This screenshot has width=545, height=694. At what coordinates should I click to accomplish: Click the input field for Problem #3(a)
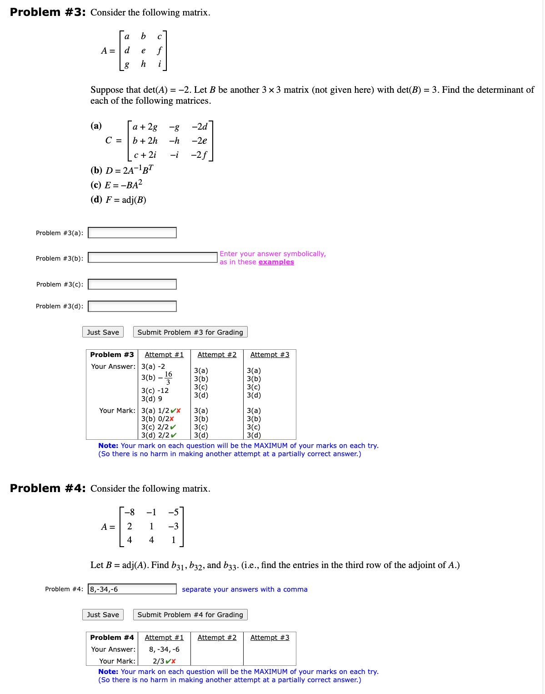132,233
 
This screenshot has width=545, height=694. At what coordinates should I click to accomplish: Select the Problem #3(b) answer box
152,258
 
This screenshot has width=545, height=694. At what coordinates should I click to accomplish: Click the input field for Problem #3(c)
132,284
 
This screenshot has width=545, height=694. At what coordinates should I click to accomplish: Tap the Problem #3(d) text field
132,306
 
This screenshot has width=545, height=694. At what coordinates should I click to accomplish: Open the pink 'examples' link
276,262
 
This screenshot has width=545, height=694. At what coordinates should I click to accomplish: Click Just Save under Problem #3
103,332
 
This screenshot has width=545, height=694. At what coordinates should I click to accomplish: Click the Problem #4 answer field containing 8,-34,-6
132,589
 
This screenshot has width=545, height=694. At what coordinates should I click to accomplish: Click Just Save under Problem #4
103,615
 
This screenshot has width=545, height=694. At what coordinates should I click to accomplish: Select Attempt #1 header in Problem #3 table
164,355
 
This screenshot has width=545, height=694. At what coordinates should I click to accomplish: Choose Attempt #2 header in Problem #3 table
217,355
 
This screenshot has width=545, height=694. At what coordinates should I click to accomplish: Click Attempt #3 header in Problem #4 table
270,638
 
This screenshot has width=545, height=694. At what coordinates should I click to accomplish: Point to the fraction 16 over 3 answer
168,378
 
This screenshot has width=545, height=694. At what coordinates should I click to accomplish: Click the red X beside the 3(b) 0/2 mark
172,419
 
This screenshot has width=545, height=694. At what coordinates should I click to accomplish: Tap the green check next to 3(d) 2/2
174,435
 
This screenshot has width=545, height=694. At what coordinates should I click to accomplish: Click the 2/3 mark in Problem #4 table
158,661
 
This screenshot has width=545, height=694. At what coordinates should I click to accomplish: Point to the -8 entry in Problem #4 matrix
130,513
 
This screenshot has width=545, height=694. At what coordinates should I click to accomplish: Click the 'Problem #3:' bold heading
48,12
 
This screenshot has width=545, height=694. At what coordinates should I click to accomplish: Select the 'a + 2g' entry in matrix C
145,127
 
